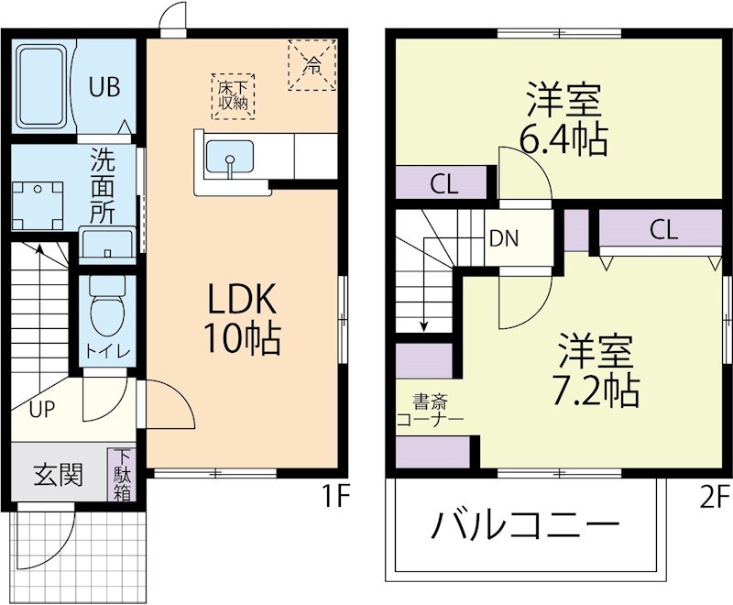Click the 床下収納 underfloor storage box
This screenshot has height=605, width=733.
234,94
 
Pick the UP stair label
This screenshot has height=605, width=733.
39,410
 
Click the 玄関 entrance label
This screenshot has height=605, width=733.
59,475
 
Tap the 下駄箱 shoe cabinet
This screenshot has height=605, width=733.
123,475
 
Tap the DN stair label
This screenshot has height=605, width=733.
503,239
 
